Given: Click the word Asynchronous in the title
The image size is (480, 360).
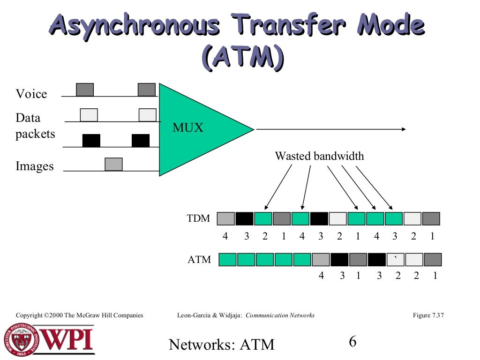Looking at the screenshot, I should click(x=134, y=26).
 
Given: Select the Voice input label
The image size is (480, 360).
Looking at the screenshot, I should click(x=31, y=94).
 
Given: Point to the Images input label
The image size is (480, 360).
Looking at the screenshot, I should click(x=35, y=166).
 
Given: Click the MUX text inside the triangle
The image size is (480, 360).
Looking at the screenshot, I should click(x=188, y=127).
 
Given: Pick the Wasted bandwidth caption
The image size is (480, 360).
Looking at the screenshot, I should click(x=319, y=156).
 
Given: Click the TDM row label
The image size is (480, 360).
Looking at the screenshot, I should click(x=199, y=218).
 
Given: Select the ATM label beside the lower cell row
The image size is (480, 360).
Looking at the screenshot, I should click(x=200, y=259).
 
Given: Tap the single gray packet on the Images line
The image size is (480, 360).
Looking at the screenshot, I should click(x=113, y=164).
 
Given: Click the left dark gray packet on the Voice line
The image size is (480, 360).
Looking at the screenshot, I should click(x=85, y=90).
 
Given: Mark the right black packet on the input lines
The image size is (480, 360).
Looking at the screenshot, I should click(x=141, y=141).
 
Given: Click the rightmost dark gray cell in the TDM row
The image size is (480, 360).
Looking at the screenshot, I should click(x=431, y=218).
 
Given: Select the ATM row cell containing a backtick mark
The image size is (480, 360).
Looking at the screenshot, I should click(x=396, y=260).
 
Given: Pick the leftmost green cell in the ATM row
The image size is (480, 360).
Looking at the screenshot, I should click(x=228, y=260).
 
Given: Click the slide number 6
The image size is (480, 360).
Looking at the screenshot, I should click(x=352, y=341).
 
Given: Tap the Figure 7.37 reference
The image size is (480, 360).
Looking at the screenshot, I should click(x=428, y=315).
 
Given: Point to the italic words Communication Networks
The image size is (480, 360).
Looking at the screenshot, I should click(x=280, y=315).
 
